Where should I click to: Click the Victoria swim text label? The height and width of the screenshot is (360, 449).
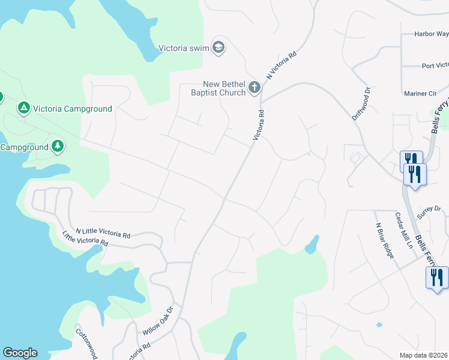(x=182, y=48)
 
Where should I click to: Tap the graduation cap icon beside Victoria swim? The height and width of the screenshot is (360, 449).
(x=219, y=48)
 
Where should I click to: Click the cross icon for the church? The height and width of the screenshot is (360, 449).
(x=255, y=88)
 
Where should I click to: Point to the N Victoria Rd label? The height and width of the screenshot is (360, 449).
(x=282, y=65)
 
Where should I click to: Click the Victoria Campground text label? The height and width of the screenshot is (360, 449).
(x=73, y=109)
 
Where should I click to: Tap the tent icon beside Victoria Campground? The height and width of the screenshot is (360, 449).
(x=23, y=108)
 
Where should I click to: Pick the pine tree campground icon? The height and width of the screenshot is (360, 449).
(x=58, y=146)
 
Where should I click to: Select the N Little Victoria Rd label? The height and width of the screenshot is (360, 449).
(x=103, y=233)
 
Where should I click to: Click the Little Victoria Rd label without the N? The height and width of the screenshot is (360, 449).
(x=85, y=238)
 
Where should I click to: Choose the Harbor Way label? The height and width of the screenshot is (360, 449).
(x=431, y=34)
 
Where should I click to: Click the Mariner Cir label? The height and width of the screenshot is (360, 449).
(x=420, y=94)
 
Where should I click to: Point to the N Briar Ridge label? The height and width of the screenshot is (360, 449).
(x=385, y=241)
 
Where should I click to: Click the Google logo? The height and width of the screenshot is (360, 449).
(x=20, y=353)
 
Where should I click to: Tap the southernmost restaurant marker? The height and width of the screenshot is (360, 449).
(x=436, y=278)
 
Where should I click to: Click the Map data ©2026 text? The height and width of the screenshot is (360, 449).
(x=424, y=355)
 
